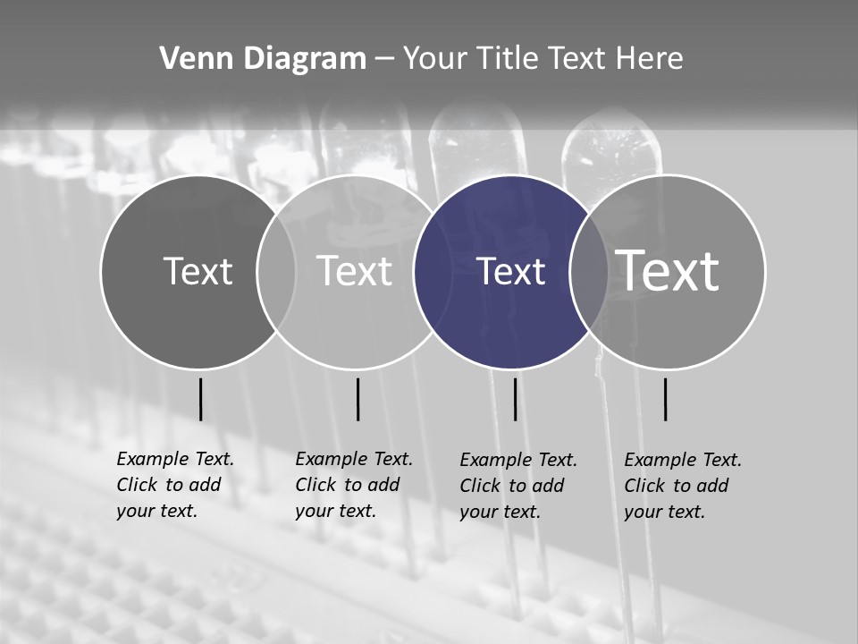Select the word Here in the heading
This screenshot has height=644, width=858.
[x=650, y=59]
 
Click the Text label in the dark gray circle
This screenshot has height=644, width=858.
[x=198, y=271]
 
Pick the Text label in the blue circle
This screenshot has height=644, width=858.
[x=511, y=272]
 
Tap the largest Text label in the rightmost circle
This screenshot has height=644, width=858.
[x=668, y=270]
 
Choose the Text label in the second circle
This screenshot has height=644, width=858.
[x=355, y=271]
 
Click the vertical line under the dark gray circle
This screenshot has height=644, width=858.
[x=200, y=399]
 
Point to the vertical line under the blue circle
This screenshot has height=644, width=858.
[x=515, y=399]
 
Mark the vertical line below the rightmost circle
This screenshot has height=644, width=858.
[x=665, y=399]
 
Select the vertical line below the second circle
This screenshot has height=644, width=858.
[x=357, y=399]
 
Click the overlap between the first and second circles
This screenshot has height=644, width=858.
[x=276, y=272]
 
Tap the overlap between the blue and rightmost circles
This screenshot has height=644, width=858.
[x=590, y=272]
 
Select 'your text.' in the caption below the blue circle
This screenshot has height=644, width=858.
[x=500, y=513]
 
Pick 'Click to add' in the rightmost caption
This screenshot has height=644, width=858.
[x=676, y=486]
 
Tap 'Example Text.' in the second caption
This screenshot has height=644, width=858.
[x=354, y=460]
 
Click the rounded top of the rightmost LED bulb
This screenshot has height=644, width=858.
[x=612, y=134]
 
